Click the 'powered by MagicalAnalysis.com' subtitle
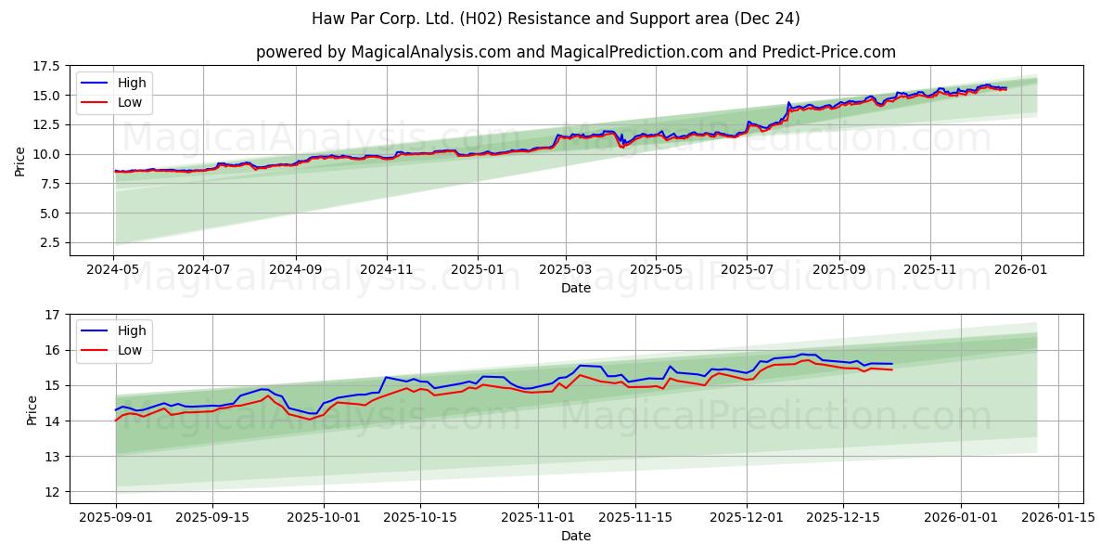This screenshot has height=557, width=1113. point(575,52)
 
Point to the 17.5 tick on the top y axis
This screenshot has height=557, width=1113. point(45,66)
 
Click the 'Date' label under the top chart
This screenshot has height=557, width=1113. point(575,288)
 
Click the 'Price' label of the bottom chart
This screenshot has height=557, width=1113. point(32,408)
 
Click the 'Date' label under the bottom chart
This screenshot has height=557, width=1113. point(575,536)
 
